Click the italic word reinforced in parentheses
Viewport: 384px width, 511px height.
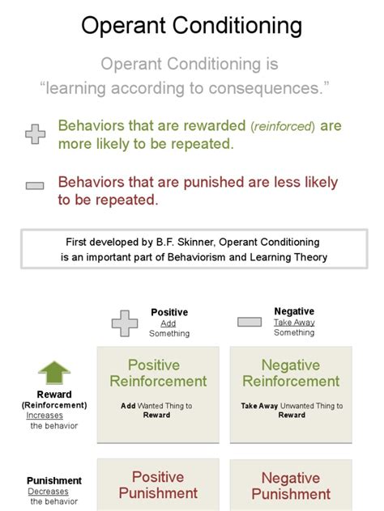pyautogui.click(x=282, y=127)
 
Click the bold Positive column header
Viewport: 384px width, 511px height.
pyautogui.click(x=169, y=312)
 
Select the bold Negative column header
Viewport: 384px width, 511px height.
pyautogui.click(x=294, y=311)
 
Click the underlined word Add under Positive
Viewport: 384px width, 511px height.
pyautogui.click(x=168, y=323)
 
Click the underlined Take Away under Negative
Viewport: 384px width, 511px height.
pyautogui.click(x=294, y=322)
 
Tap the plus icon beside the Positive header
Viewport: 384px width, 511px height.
pyautogui.click(x=125, y=323)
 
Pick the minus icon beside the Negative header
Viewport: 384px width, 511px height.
pyautogui.click(x=250, y=322)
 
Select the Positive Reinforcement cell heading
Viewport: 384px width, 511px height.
pyautogui.click(x=158, y=373)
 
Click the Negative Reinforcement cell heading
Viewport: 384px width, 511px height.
pyautogui.click(x=291, y=373)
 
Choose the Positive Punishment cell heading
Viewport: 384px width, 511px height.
pyautogui.click(x=158, y=484)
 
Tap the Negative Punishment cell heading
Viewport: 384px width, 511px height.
pyautogui.click(x=291, y=485)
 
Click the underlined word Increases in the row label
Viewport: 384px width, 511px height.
pyautogui.click(x=45, y=416)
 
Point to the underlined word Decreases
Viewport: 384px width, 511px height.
pyautogui.click(x=49, y=492)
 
